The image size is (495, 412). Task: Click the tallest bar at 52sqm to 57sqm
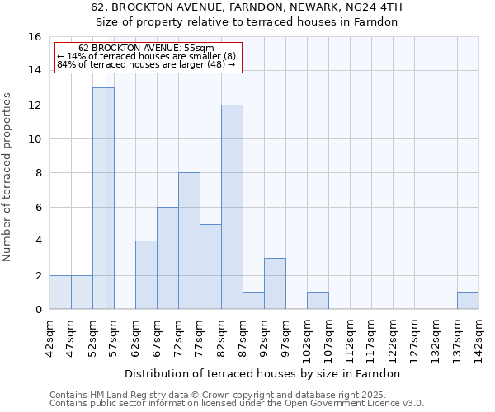tap(103, 198)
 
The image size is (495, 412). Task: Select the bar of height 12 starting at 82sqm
tap(232, 207)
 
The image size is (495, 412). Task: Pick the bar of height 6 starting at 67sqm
tap(167, 258)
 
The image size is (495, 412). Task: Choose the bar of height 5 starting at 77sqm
tap(210, 266)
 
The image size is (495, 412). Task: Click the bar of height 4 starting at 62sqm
tap(146, 275)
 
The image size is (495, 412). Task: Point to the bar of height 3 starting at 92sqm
tap(275, 283)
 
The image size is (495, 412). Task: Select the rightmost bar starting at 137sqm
tap(468, 301)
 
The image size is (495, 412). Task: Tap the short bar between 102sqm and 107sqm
tap(318, 301)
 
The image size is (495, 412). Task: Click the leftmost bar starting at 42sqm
tap(60, 293)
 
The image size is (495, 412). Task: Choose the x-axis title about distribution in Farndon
tap(264, 373)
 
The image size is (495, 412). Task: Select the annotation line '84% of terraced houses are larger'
tap(146, 64)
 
